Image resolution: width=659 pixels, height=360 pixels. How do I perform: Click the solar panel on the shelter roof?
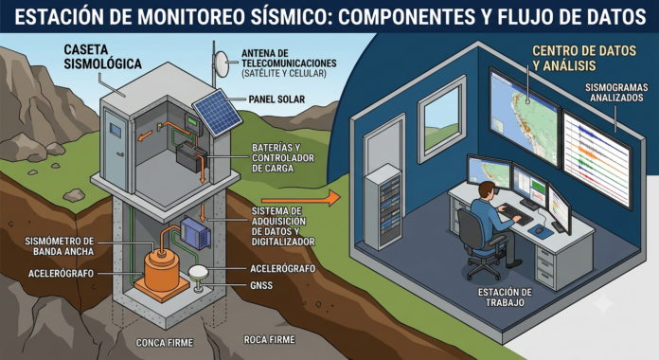tap(217, 113)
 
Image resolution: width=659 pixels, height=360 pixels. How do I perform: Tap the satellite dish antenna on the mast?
tap(221, 65)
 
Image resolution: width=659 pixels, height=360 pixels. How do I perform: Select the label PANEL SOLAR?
tap(276, 99)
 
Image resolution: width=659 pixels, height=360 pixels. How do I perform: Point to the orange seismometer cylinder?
tap(162, 270)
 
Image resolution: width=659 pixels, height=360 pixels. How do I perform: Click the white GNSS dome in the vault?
tap(199, 271)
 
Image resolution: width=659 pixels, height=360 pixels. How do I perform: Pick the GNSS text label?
tap(261, 285)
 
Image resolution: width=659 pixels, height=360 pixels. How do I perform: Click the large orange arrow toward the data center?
tap(300, 198)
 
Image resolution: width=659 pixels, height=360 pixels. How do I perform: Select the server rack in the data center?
tap(383, 207)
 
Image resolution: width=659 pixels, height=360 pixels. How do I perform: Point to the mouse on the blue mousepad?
tap(539, 229)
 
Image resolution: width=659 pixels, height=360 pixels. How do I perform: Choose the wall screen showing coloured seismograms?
tap(597, 159)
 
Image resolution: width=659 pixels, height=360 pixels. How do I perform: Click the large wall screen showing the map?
tap(525, 117)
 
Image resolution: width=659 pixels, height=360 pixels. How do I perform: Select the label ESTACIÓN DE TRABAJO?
tap(505, 297)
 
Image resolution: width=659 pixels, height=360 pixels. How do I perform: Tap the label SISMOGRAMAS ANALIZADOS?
tap(616, 93)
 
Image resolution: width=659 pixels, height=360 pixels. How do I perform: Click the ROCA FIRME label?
tap(270, 339)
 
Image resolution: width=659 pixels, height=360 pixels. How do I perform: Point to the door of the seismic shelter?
tap(116, 151)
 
